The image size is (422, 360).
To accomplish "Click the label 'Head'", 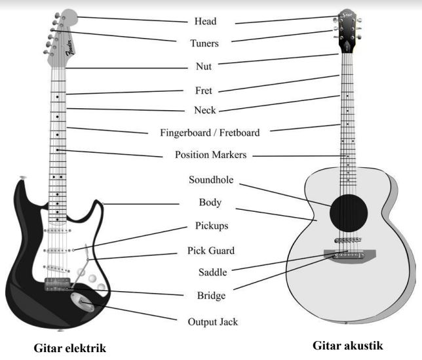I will [x=205, y=22].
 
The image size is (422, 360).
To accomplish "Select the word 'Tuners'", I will [x=204, y=44].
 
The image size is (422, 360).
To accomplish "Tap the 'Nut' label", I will [x=205, y=66].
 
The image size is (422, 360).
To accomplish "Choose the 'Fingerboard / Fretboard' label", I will [x=210, y=132].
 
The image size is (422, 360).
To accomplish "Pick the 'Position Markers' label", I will [x=210, y=155].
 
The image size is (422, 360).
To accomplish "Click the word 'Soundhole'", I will [x=211, y=179].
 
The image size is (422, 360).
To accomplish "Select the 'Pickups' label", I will [x=212, y=226].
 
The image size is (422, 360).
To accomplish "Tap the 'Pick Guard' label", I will [x=211, y=250].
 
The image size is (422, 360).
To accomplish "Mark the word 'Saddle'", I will [x=212, y=272].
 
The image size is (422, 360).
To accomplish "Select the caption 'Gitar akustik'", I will [x=347, y=345].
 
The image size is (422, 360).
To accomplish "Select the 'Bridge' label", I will [x=211, y=296].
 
